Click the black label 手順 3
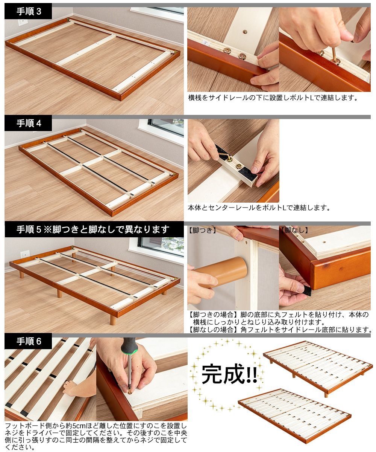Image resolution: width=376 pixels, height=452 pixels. click(28, 11)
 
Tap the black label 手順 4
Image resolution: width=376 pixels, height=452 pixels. click(28, 123)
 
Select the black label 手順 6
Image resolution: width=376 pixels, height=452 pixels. click(28, 341)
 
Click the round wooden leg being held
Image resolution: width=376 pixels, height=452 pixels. click(222, 272)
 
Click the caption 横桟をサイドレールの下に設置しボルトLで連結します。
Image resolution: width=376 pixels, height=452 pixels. click(273, 98)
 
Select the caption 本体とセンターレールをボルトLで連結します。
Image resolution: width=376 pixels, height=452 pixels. click(259, 208)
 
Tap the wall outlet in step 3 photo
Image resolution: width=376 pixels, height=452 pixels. click(20, 23)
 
